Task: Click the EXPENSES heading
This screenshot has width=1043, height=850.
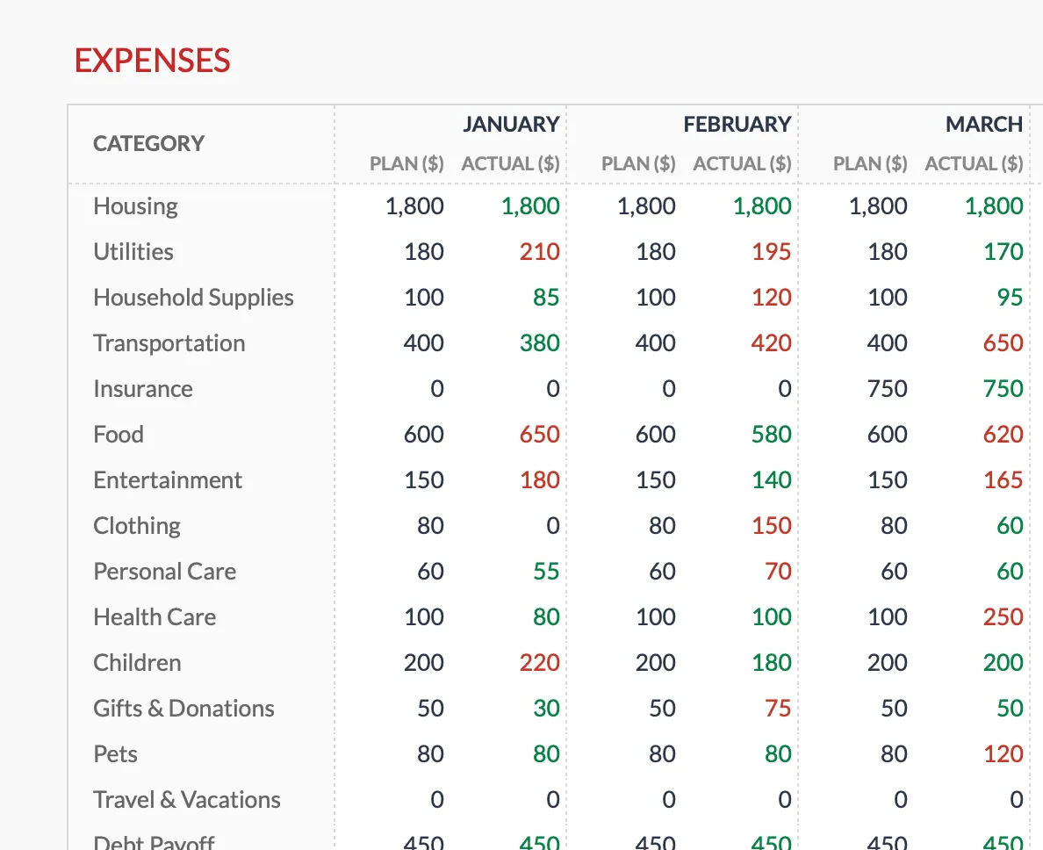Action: [x=152, y=61]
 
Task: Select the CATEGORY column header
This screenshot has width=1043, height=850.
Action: [x=148, y=143]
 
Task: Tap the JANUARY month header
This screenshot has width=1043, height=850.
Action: [x=511, y=125]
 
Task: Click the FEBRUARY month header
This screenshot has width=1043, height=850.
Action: [x=737, y=125]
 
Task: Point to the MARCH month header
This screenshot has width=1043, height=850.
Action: [x=983, y=125]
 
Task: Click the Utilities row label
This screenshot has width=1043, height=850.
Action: [x=133, y=252]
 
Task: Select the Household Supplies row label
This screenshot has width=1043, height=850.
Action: [x=193, y=298]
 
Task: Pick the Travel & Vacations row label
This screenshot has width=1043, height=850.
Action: [x=187, y=800]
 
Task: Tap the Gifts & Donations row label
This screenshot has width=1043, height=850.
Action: [x=183, y=709]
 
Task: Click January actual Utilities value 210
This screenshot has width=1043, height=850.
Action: [x=539, y=252]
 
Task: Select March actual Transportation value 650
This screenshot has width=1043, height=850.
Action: [x=1003, y=343]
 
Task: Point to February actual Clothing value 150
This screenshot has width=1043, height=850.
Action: [x=771, y=526]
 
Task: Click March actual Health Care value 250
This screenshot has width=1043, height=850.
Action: [x=1003, y=617]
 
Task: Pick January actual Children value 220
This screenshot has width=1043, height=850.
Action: [x=539, y=663]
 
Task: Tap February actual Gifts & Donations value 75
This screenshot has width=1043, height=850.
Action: [x=778, y=709]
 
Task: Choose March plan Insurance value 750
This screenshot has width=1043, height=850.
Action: [x=887, y=389]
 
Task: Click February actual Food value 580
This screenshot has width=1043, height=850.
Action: [x=771, y=435]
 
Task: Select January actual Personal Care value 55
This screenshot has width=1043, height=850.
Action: [x=546, y=572]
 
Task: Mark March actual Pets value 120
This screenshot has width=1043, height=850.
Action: [x=1003, y=754]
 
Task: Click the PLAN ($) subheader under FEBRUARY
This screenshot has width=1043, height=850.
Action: [x=638, y=164]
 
